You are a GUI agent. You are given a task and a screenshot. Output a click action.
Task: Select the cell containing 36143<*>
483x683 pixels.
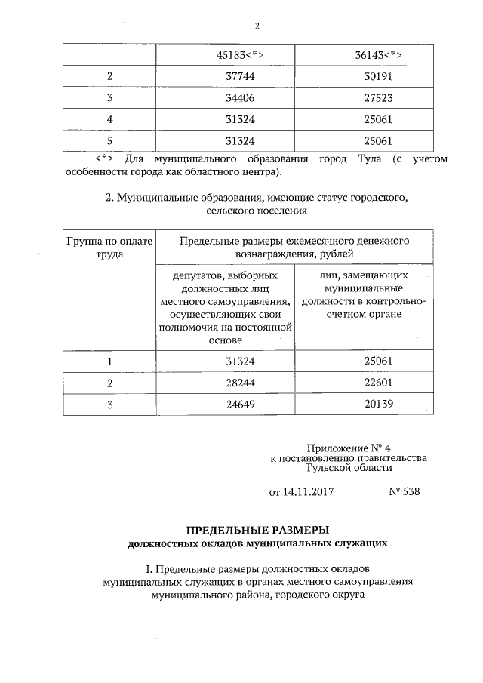pos(377,56)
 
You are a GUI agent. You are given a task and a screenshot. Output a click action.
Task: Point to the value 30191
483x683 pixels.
pos(377,77)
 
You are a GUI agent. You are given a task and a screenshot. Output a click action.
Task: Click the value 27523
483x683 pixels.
pos(377,98)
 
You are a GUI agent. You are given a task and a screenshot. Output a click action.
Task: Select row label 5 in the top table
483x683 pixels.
pos(110,140)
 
